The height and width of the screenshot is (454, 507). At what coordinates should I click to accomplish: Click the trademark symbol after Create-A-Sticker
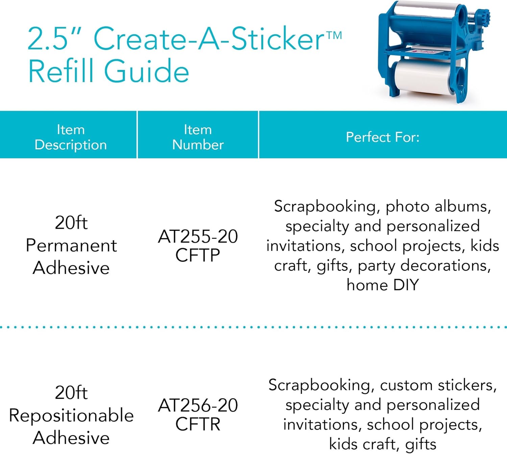pos(334,35)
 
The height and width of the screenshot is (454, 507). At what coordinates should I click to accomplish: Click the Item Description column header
pos(71,137)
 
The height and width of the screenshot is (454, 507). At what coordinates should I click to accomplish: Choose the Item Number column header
pos(198,137)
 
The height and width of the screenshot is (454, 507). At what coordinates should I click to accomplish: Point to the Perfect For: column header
pos(383,137)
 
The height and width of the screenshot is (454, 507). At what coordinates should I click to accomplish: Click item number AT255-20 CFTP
pos(198,246)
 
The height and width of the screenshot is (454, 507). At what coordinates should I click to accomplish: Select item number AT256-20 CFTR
pos(198,414)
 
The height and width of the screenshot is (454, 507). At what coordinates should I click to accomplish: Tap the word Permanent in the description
pos(71,245)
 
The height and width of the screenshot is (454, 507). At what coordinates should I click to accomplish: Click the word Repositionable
pos(71,415)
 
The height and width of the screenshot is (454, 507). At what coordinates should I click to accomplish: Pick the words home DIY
pos(383,285)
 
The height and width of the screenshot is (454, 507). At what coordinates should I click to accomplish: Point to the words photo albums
pos(438,206)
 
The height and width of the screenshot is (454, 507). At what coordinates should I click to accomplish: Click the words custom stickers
pos(438,385)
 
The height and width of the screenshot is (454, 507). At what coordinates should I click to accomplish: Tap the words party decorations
pos(424,266)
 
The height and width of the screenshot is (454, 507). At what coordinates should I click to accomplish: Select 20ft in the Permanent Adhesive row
pos(71,223)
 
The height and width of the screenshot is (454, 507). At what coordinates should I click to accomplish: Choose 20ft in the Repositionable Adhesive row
pos(71,393)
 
